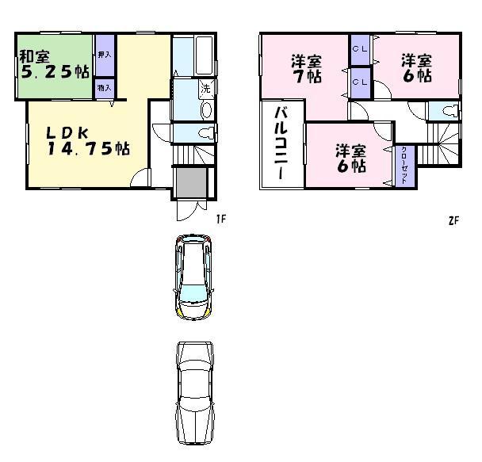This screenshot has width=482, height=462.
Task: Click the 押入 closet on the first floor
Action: tap(104, 55)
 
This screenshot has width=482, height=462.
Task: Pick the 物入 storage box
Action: tap(104, 87)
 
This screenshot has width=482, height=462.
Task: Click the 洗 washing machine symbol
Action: tap(205, 88)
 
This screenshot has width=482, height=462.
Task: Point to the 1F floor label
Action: tap(223, 220)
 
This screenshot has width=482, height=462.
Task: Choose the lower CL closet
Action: tap(359, 80)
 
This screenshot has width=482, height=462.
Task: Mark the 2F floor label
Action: tap(453, 220)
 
